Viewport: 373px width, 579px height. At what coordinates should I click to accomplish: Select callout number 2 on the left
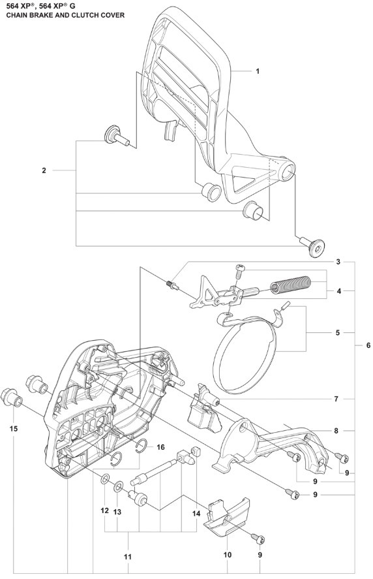[x=44, y=170]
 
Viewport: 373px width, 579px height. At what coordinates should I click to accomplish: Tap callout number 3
[x=338, y=262]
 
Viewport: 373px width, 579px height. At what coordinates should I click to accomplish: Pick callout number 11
[x=128, y=556]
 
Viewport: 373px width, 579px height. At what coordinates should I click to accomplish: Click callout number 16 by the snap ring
[x=160, y=448]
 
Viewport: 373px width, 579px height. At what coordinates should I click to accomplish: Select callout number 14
[x=196, y=514]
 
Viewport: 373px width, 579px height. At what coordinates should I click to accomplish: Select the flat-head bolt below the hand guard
[x=314, y=245]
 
